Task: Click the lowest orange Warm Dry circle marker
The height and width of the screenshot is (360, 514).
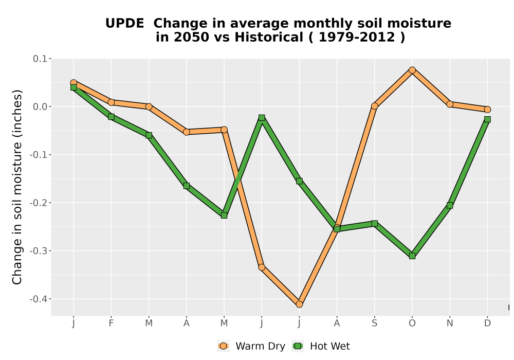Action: (x=299, y=304)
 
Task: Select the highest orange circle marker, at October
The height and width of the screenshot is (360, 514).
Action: (x=412, y=70)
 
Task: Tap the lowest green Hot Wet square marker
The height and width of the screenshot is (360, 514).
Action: (x=412, y=256)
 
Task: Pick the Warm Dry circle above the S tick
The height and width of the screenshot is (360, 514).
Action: (x=375, y=106)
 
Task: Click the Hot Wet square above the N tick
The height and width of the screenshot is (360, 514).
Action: (x=450, y=205)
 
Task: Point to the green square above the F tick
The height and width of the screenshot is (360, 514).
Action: (x=111, y=117)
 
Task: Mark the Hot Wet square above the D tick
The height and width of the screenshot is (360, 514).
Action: (x=487, y=119)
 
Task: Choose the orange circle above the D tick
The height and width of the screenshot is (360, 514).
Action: (x=487, y=110)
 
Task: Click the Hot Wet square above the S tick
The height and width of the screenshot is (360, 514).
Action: (x=375, y=224)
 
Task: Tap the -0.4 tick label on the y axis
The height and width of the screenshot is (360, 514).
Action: (x=39, y=299)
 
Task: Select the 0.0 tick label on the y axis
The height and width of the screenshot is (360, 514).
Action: (x=40, y=107)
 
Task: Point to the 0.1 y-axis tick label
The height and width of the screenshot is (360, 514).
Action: (x=40, y=59)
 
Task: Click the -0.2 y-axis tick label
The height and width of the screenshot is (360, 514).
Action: (x=39, y=203)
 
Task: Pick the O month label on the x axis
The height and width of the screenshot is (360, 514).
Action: (x=412, y=323)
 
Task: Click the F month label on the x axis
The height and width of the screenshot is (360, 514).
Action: (x=111, y=323)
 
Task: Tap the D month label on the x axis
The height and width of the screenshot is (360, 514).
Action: (x=487, y=323)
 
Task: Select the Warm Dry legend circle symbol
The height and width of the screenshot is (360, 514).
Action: (x=224, y=346)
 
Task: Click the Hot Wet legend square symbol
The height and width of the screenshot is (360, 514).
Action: (x=298, y=346)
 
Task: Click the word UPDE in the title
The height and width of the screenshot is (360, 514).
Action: (x=124, y=24)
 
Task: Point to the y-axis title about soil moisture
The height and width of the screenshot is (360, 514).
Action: (x=17, y=187)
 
